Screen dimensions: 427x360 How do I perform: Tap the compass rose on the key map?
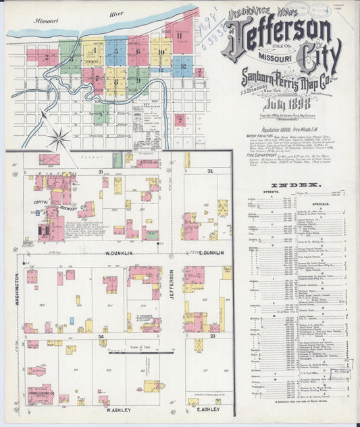(59, 139)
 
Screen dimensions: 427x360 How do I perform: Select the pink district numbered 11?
(180, 36)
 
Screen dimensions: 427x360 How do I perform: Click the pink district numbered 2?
(47, 57)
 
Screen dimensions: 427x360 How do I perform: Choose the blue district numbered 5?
(116, 50)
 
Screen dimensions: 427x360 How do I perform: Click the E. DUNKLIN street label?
(211, 253)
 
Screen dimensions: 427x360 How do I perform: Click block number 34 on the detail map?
(101, 336)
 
